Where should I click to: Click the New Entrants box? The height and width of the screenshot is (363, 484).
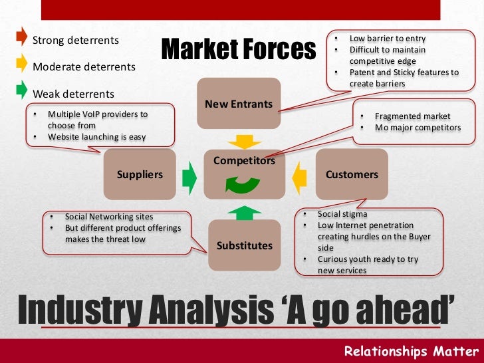coord(239,104)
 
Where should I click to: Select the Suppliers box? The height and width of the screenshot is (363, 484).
coord(140,174)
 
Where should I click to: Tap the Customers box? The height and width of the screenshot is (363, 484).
coord(351,174)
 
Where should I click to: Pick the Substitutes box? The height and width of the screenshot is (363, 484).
coord(244,245)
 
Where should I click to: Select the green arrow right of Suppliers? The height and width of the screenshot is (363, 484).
coord(190,176)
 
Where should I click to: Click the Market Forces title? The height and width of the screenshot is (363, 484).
coord(237,49)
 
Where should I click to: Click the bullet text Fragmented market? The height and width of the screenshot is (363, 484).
coord(412,116)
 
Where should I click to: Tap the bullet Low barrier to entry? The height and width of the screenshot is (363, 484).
coord(387,39)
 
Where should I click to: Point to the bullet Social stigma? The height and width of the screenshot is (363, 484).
coord(342,214)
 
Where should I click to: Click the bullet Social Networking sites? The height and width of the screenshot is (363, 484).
coord(108,217)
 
